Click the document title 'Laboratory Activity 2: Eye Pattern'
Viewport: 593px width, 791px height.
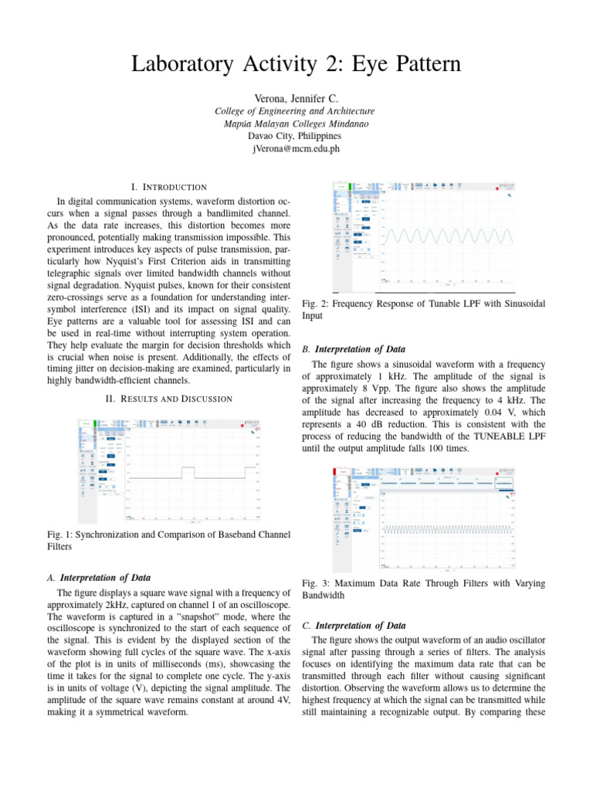point(296,64)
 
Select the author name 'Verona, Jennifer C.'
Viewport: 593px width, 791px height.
point(296,98)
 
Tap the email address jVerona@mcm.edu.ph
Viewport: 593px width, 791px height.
point(296,148)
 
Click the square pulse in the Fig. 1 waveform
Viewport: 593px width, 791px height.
point(190,473)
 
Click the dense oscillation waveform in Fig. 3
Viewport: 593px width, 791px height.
point(448,530)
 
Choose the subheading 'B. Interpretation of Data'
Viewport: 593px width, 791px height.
point(357,349)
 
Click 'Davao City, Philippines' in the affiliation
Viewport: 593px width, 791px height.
point(296,136)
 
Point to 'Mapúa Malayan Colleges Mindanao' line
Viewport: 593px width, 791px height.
point(296,124)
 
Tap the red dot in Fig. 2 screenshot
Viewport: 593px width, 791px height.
point(496,188)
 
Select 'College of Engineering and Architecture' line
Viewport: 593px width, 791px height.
point(296,111)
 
